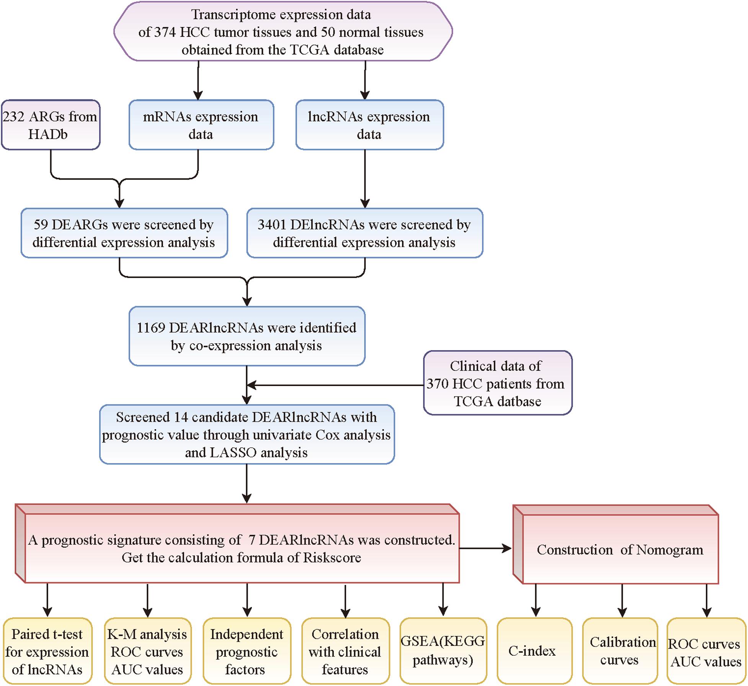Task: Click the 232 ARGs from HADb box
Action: point(51,125)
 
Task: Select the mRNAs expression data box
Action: point(201,125)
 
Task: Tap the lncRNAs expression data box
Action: point(369,125)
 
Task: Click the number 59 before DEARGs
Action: point(41,225)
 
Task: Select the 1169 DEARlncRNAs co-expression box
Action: point(247,336)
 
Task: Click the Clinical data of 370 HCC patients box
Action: point(498,383)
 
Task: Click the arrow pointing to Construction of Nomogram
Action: point(485,548)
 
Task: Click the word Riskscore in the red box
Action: point(332,558)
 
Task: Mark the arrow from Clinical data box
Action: point(335,385)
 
